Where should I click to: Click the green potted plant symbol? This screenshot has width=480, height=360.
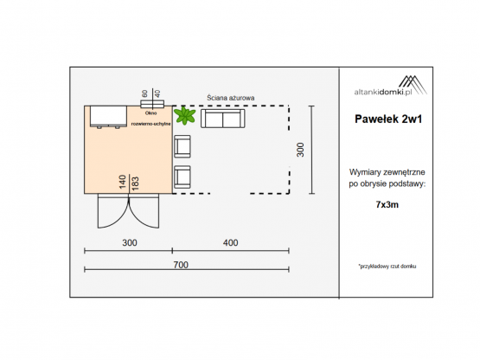click(x=184, y=115)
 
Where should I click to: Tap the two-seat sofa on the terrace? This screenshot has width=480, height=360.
click(x=223, y=119)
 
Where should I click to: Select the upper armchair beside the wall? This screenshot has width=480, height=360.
click(x=182, y=146)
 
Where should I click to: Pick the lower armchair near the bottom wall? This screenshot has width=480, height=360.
click(x=182, y=177)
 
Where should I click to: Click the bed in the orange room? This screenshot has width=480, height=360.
click(x=108, y=117)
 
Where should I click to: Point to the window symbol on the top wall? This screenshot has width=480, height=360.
click(x=152, y=104)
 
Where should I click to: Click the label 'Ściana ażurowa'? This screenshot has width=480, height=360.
click(x=231, y=98)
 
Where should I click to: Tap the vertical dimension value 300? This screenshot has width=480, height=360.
click(x=301, y=150)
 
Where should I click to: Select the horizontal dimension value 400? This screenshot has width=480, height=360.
click(x=231, y=242)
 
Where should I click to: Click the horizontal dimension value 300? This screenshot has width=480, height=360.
click(x=130, y=242)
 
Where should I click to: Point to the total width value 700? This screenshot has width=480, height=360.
click(x=181, y=265)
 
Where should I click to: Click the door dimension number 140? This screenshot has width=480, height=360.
click(x=123, y=182)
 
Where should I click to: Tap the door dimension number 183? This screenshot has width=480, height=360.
click(x=135, y=183)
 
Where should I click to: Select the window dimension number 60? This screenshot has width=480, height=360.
click(x=144, y=93)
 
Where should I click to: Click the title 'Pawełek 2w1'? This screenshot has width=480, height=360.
click(x=388, y=119)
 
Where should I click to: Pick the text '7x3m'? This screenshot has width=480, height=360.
click(x=387, y=205)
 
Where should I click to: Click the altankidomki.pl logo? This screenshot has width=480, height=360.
click(x=391, y=86)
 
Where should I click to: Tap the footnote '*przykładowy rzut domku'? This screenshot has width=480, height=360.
click(x=387, y=267)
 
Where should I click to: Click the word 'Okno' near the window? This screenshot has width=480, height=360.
click(x=150, y=113)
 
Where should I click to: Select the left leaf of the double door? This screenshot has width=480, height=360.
click(x=113, y=211)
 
